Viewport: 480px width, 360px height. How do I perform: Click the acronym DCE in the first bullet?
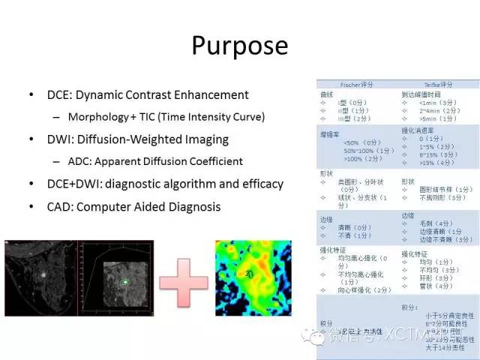tap(59, 95)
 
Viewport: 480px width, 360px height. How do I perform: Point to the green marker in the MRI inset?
tap(126, 283)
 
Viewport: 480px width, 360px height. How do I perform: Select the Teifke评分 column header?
tap(439, 85)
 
